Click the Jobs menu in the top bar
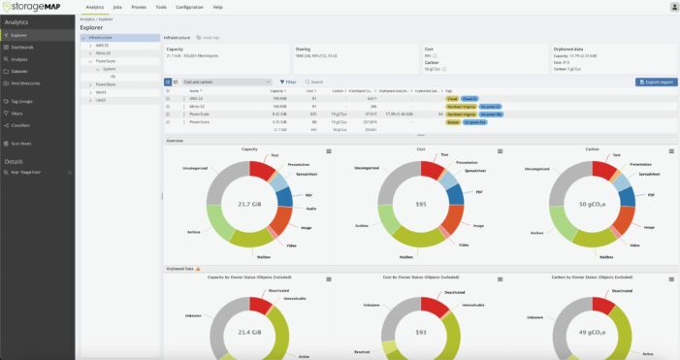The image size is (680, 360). click(x=116, y=7)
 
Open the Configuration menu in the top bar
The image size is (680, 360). click(x=190, y=7)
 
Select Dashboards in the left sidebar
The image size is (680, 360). click(x=22, y=47)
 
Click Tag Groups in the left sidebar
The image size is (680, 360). click(x=22, y=101)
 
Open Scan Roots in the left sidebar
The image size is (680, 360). click(x=22, y=143)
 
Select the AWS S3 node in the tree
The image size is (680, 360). click(x=102, y=45)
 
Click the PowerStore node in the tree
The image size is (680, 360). click(x=105, y=85)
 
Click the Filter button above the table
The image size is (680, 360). click(x=288, y=82)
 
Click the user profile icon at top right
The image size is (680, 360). click(x=673, y=7)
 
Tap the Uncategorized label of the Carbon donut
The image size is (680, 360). click(x=537, y=168)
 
